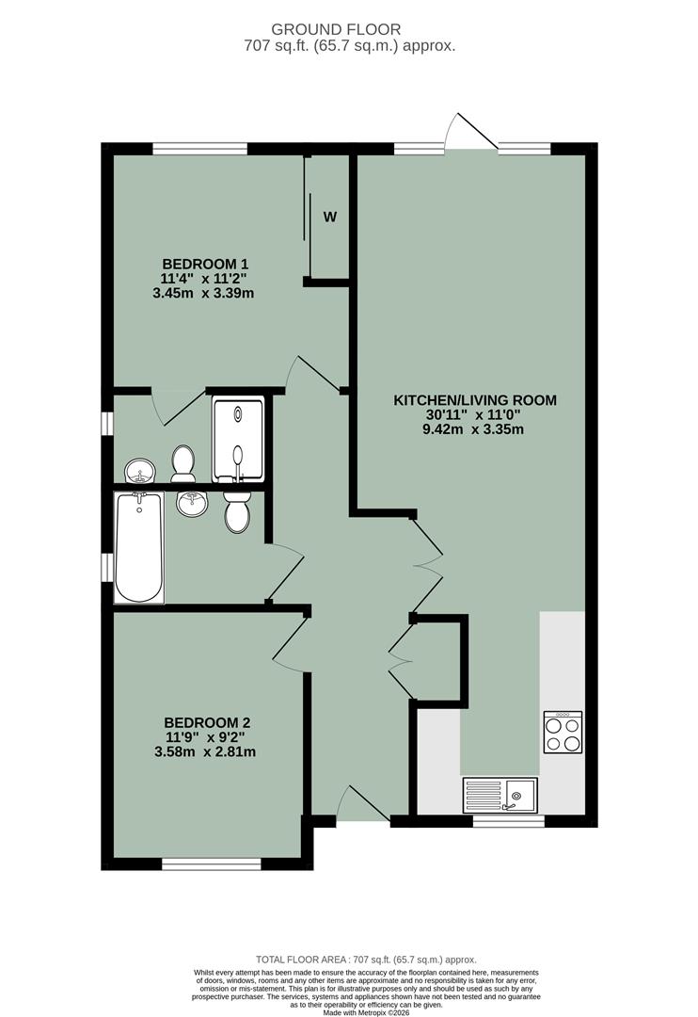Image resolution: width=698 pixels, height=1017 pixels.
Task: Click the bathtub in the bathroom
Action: [139, 547]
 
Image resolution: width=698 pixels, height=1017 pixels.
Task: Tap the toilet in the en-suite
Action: [182, 463]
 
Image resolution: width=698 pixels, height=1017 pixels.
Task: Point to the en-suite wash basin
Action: [140, 468]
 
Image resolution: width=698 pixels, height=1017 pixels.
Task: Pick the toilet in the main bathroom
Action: [237, 513]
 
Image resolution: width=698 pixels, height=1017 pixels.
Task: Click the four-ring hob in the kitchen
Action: [563, 732]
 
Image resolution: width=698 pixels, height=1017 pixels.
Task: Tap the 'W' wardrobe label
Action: [330, 217]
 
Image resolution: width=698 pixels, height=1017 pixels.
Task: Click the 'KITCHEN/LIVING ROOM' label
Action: [474, 400]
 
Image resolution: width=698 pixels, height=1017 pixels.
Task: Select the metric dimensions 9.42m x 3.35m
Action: [474, 429]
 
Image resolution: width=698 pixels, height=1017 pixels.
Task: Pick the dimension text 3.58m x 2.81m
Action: [205, 751]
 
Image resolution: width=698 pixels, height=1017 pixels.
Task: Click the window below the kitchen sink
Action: [508, 822]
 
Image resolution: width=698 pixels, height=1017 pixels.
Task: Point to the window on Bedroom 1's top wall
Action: [199, 148]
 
